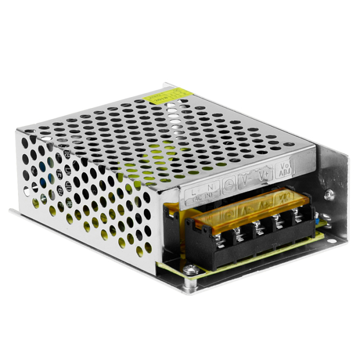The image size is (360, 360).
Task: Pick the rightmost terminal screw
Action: [x=299, y=217]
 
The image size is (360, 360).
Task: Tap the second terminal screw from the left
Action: [x=240, y=232]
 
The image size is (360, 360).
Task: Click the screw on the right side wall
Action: [x=329, y=194]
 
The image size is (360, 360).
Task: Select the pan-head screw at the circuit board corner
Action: [x=191, y=268]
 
